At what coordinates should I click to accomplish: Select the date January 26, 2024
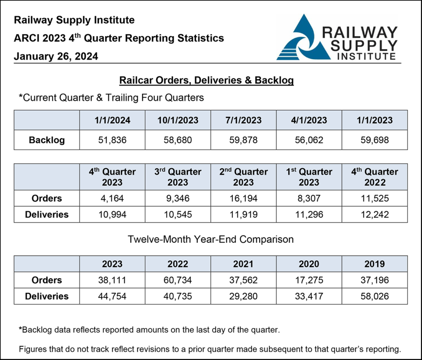pos(56,56)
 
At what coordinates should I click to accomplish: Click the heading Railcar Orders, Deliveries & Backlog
pos(206,80)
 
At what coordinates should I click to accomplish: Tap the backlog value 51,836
pos(113,140)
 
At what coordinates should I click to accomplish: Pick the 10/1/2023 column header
pos(178,120)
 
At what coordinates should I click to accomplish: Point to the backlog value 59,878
pos(243,140)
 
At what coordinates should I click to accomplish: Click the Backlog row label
pos(47,140)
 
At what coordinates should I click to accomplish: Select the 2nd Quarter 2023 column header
pos(243,177)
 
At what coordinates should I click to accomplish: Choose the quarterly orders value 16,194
pos(243,199)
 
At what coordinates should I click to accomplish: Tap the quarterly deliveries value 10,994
pos(113,215)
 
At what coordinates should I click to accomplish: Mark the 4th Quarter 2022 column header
pos(375,177)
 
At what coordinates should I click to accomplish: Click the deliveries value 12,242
pos(375,215)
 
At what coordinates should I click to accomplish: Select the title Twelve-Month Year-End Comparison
pos(211,239)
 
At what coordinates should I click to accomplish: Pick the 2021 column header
pos(243,264)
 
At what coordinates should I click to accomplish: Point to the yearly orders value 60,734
pos(178,280)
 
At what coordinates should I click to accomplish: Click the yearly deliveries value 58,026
pos(375,296)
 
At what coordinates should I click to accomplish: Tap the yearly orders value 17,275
pos(309,280)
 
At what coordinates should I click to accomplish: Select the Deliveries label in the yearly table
pos(47,296)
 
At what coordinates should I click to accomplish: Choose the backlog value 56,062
pos(309,140)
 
